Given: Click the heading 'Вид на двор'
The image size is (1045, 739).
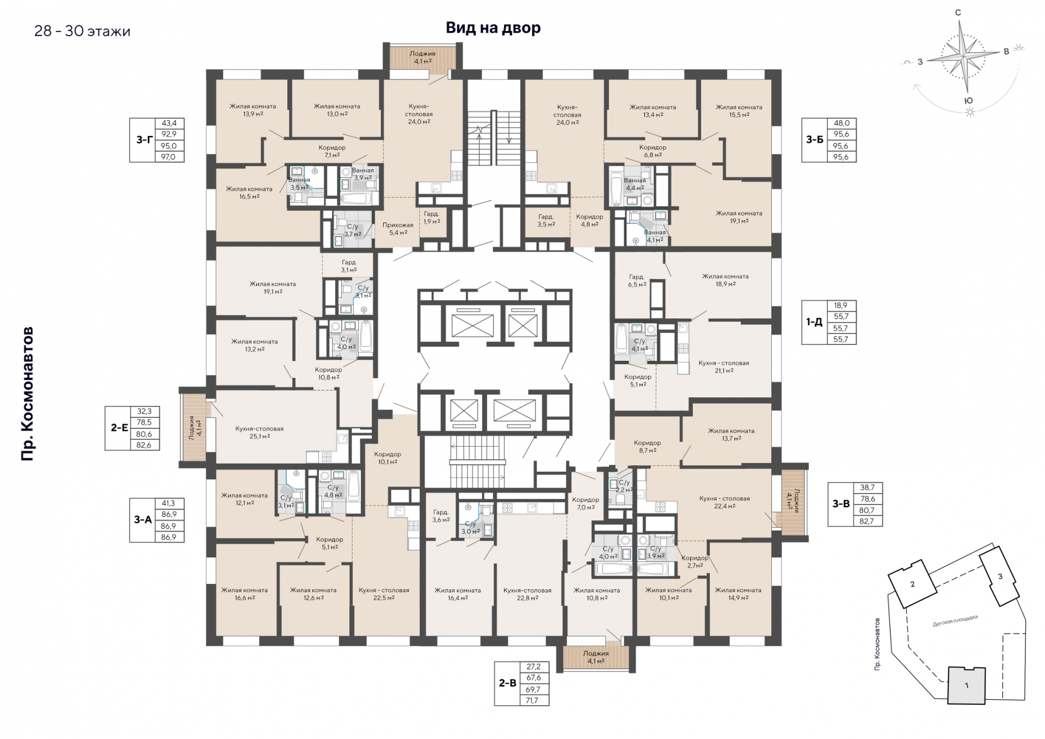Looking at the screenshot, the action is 493,28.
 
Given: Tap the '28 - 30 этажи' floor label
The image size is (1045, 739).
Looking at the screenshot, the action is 82,31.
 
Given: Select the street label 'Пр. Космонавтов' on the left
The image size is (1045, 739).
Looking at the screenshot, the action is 28,394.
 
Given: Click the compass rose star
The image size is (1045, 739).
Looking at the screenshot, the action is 964,56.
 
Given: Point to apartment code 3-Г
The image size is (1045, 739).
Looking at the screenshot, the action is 144,140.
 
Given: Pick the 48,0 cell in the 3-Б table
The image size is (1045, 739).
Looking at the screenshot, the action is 841,123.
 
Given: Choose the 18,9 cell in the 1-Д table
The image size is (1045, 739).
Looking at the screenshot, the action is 841,305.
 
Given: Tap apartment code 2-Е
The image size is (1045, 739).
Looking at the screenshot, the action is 120,428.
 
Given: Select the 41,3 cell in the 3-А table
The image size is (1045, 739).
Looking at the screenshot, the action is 168,503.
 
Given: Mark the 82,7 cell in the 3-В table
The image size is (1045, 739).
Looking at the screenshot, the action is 867,521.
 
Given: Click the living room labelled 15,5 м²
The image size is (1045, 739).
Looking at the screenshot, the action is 739,111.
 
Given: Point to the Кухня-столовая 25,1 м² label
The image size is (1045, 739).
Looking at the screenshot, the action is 260,433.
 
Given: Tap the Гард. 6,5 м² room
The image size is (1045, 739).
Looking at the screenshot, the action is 637,281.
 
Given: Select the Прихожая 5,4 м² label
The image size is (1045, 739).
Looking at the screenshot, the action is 398,229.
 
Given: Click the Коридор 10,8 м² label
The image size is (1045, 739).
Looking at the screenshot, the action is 329,373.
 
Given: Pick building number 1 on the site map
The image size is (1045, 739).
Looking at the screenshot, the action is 967,685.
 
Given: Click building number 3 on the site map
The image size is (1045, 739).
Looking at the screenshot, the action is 1000,576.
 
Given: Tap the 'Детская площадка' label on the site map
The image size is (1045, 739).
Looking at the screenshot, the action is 955,621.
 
